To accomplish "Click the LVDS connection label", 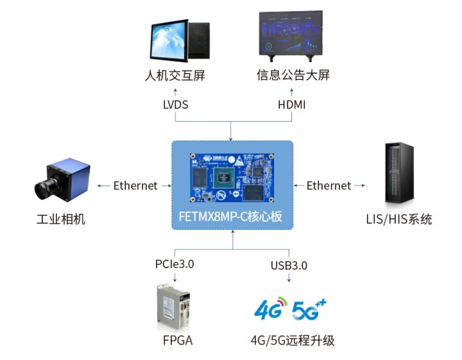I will coord(175,104).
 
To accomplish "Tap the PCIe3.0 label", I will coord(175,264).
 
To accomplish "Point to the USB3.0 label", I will coord(289,264).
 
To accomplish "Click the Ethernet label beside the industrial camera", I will coord(135,186).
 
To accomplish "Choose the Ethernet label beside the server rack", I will coord(329,186).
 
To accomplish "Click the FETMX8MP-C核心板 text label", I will coord(231,217).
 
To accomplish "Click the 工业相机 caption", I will coord(61,220).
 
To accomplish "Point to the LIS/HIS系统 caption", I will coord(398,220).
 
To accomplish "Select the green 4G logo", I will coord(269,311).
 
